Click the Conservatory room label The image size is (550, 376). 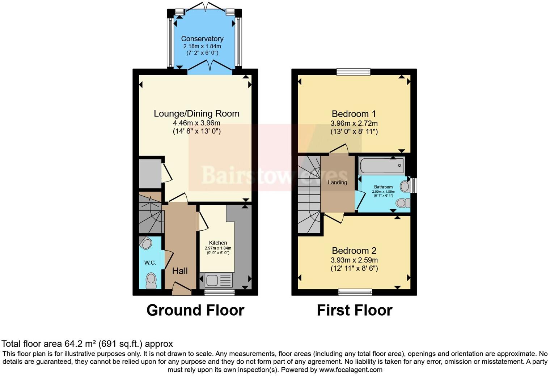pyautogui.click(x=202, y=39)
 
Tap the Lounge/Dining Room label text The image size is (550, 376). pyautogui.click(x=196, y=114)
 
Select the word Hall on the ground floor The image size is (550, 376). pyautogui.click(x=180, y=271)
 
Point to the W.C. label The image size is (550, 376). pyautogui.click(x=150, y=263)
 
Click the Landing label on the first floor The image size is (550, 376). pyautogui.click(x=337, y=183)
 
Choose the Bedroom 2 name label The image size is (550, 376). pyautogui.click(x=354, y=251)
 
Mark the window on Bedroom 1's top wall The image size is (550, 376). pyautogui.click(x=354, y=72)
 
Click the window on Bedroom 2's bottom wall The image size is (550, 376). pyautogui.click(x=355, y=292)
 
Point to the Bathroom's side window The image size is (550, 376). pyautogui.click(x=414, y=185)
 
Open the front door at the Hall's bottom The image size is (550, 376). pyautogui.click(x=182, y=289)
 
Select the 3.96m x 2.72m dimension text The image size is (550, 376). pyautogui.click(x=354, y=123)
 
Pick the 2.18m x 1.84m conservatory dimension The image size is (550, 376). pyautogui.click(x=202, y=46)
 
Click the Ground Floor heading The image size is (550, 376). pyautogui.click(x=195, y=310)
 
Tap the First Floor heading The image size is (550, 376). pyautogui.click(x=354, y=310)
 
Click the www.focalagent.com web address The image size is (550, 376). pyautogui.click(x=350, y=370)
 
